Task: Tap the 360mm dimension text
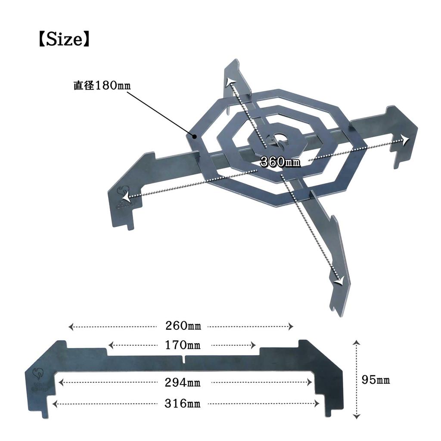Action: (280, 162)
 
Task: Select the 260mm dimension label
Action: (183, 326)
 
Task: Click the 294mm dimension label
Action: (182, 382)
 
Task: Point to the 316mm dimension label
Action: (182, 404)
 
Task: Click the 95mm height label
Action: (376, 380)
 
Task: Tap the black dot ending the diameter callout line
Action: (195, 137)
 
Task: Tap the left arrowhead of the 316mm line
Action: (54, 404)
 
